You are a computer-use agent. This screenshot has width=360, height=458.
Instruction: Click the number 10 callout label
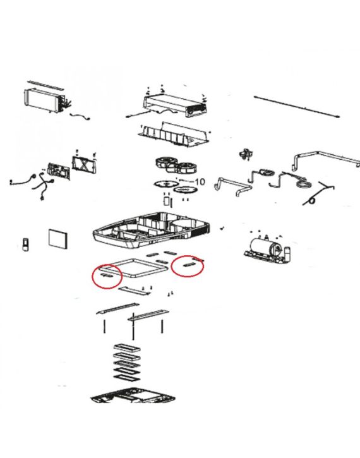[x=200, y=182]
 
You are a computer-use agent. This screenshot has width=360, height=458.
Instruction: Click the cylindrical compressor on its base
[x=267, y=249]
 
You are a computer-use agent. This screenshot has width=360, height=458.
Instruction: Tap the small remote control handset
[x=26, y=244]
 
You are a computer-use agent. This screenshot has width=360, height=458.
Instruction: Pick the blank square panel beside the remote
[x=58, y=239]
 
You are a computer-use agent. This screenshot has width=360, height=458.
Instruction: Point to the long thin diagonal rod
[x=297, y=107]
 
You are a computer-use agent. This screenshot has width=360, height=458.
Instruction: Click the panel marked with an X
[x=84, y=165]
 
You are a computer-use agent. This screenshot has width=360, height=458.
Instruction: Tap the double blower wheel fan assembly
[x=176, y=165]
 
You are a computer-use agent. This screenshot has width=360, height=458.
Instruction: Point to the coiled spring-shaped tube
[x=318, y=193]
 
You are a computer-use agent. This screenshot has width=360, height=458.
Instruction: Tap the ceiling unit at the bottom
[x=133, y=395]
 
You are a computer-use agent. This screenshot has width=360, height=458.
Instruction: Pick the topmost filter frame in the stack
[x=127, y=348]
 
